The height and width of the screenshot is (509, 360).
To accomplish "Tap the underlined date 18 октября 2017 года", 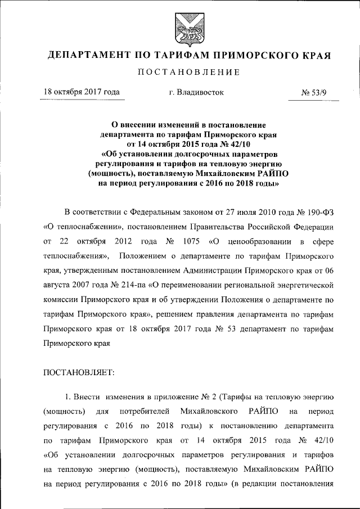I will point(82,92).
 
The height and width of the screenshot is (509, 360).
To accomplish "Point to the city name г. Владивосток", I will point(196,92).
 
